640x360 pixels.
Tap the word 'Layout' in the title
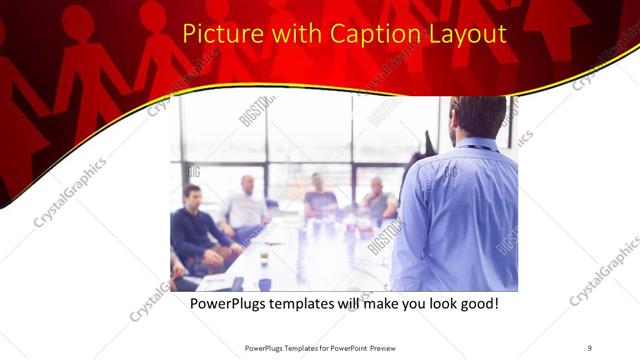pyautogui.click(x=465, y=35)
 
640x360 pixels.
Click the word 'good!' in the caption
pyautogui.click(x=477, y=303)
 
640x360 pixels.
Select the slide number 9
pyautogui.click(x=590, y=347)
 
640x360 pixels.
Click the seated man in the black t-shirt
pyautogui.click(x=319, y=198)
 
